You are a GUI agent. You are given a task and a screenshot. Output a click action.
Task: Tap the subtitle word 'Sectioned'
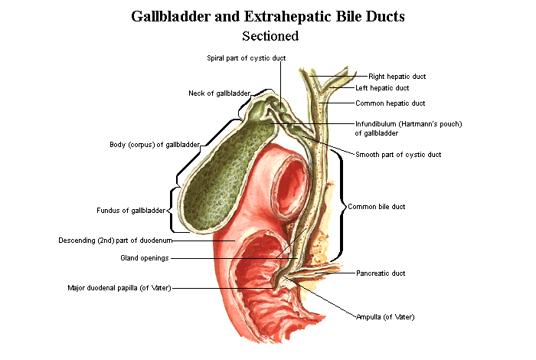pos(270,35)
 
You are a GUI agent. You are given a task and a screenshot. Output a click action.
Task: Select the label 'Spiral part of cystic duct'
pos(243,57)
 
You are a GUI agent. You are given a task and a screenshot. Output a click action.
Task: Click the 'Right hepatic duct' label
pos(397,77)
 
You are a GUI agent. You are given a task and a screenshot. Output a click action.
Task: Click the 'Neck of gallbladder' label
pos(219,93)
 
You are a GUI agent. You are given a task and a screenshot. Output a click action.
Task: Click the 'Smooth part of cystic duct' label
pos(398,155)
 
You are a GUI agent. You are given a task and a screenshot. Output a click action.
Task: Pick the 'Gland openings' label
pos(144,258)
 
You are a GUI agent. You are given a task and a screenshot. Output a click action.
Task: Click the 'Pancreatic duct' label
pos(381,273)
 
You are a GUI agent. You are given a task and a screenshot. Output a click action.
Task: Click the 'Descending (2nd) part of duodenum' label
pos(115,240)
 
